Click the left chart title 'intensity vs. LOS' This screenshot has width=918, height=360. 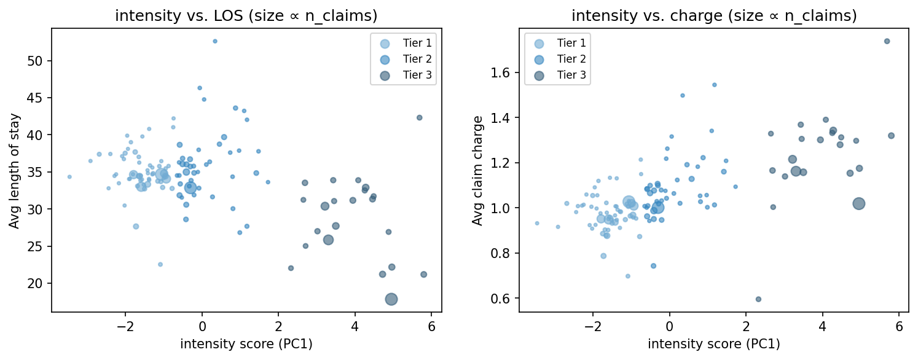point(246,16)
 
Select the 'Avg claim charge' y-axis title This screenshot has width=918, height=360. point(477,171)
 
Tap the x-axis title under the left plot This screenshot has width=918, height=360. point(246,344)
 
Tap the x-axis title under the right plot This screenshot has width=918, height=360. point(713,344)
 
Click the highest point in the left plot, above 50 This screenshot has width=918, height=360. point(214,41)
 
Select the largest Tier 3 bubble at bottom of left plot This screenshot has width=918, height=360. point(391,299)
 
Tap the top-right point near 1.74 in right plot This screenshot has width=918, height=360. point(887,41)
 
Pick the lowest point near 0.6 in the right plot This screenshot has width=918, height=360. point(758,299)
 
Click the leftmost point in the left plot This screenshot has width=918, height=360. point(69,177)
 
